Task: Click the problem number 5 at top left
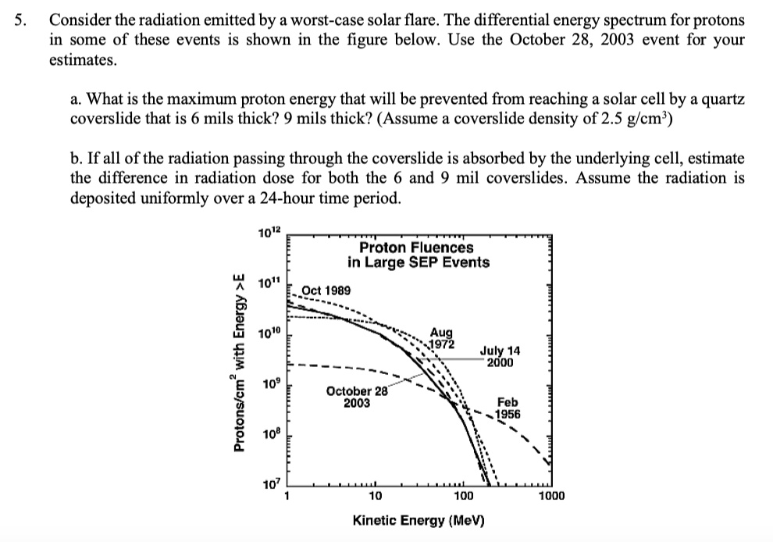pyautogui.click(x=22, y=20)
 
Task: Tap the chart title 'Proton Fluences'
pyautogui.click(x=418, y=248)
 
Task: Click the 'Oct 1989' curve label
pyautogui.click(x=326, y=291)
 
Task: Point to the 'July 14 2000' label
pyautogui.click(x=500, y=356)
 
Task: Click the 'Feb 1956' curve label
pyautogui.click(x=509, y=408)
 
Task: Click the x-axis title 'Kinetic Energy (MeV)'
pyautogui.click(x=419, y=519)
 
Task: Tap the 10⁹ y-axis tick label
pyautogui.click(x=269, y=383)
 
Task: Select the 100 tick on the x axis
pyautogui.click(x=463, y=495)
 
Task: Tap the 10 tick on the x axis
pyautogui.click(x=375, y=495)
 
